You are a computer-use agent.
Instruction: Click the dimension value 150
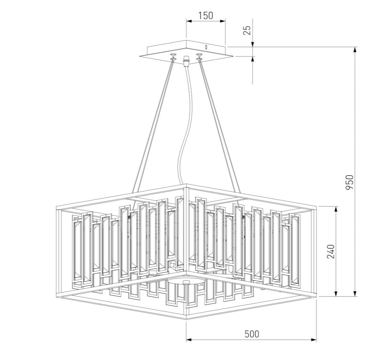pos(205,16)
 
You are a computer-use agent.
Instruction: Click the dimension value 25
pos(247,30)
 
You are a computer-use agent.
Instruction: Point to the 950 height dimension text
pos(349,182)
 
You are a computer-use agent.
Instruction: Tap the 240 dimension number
pos(331,251)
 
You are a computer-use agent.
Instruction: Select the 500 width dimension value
pos(252,334)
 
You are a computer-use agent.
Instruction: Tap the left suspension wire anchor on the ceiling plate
pos(173,57)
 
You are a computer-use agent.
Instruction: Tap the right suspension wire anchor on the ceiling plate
pos(200,57)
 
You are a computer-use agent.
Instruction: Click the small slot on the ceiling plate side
pos(206,47)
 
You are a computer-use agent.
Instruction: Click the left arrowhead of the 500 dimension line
pos(189,340)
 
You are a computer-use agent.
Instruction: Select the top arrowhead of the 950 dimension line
pos(355,50)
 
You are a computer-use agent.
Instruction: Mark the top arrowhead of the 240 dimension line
pos(336,209)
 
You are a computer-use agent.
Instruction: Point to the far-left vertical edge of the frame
pos(56,251)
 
